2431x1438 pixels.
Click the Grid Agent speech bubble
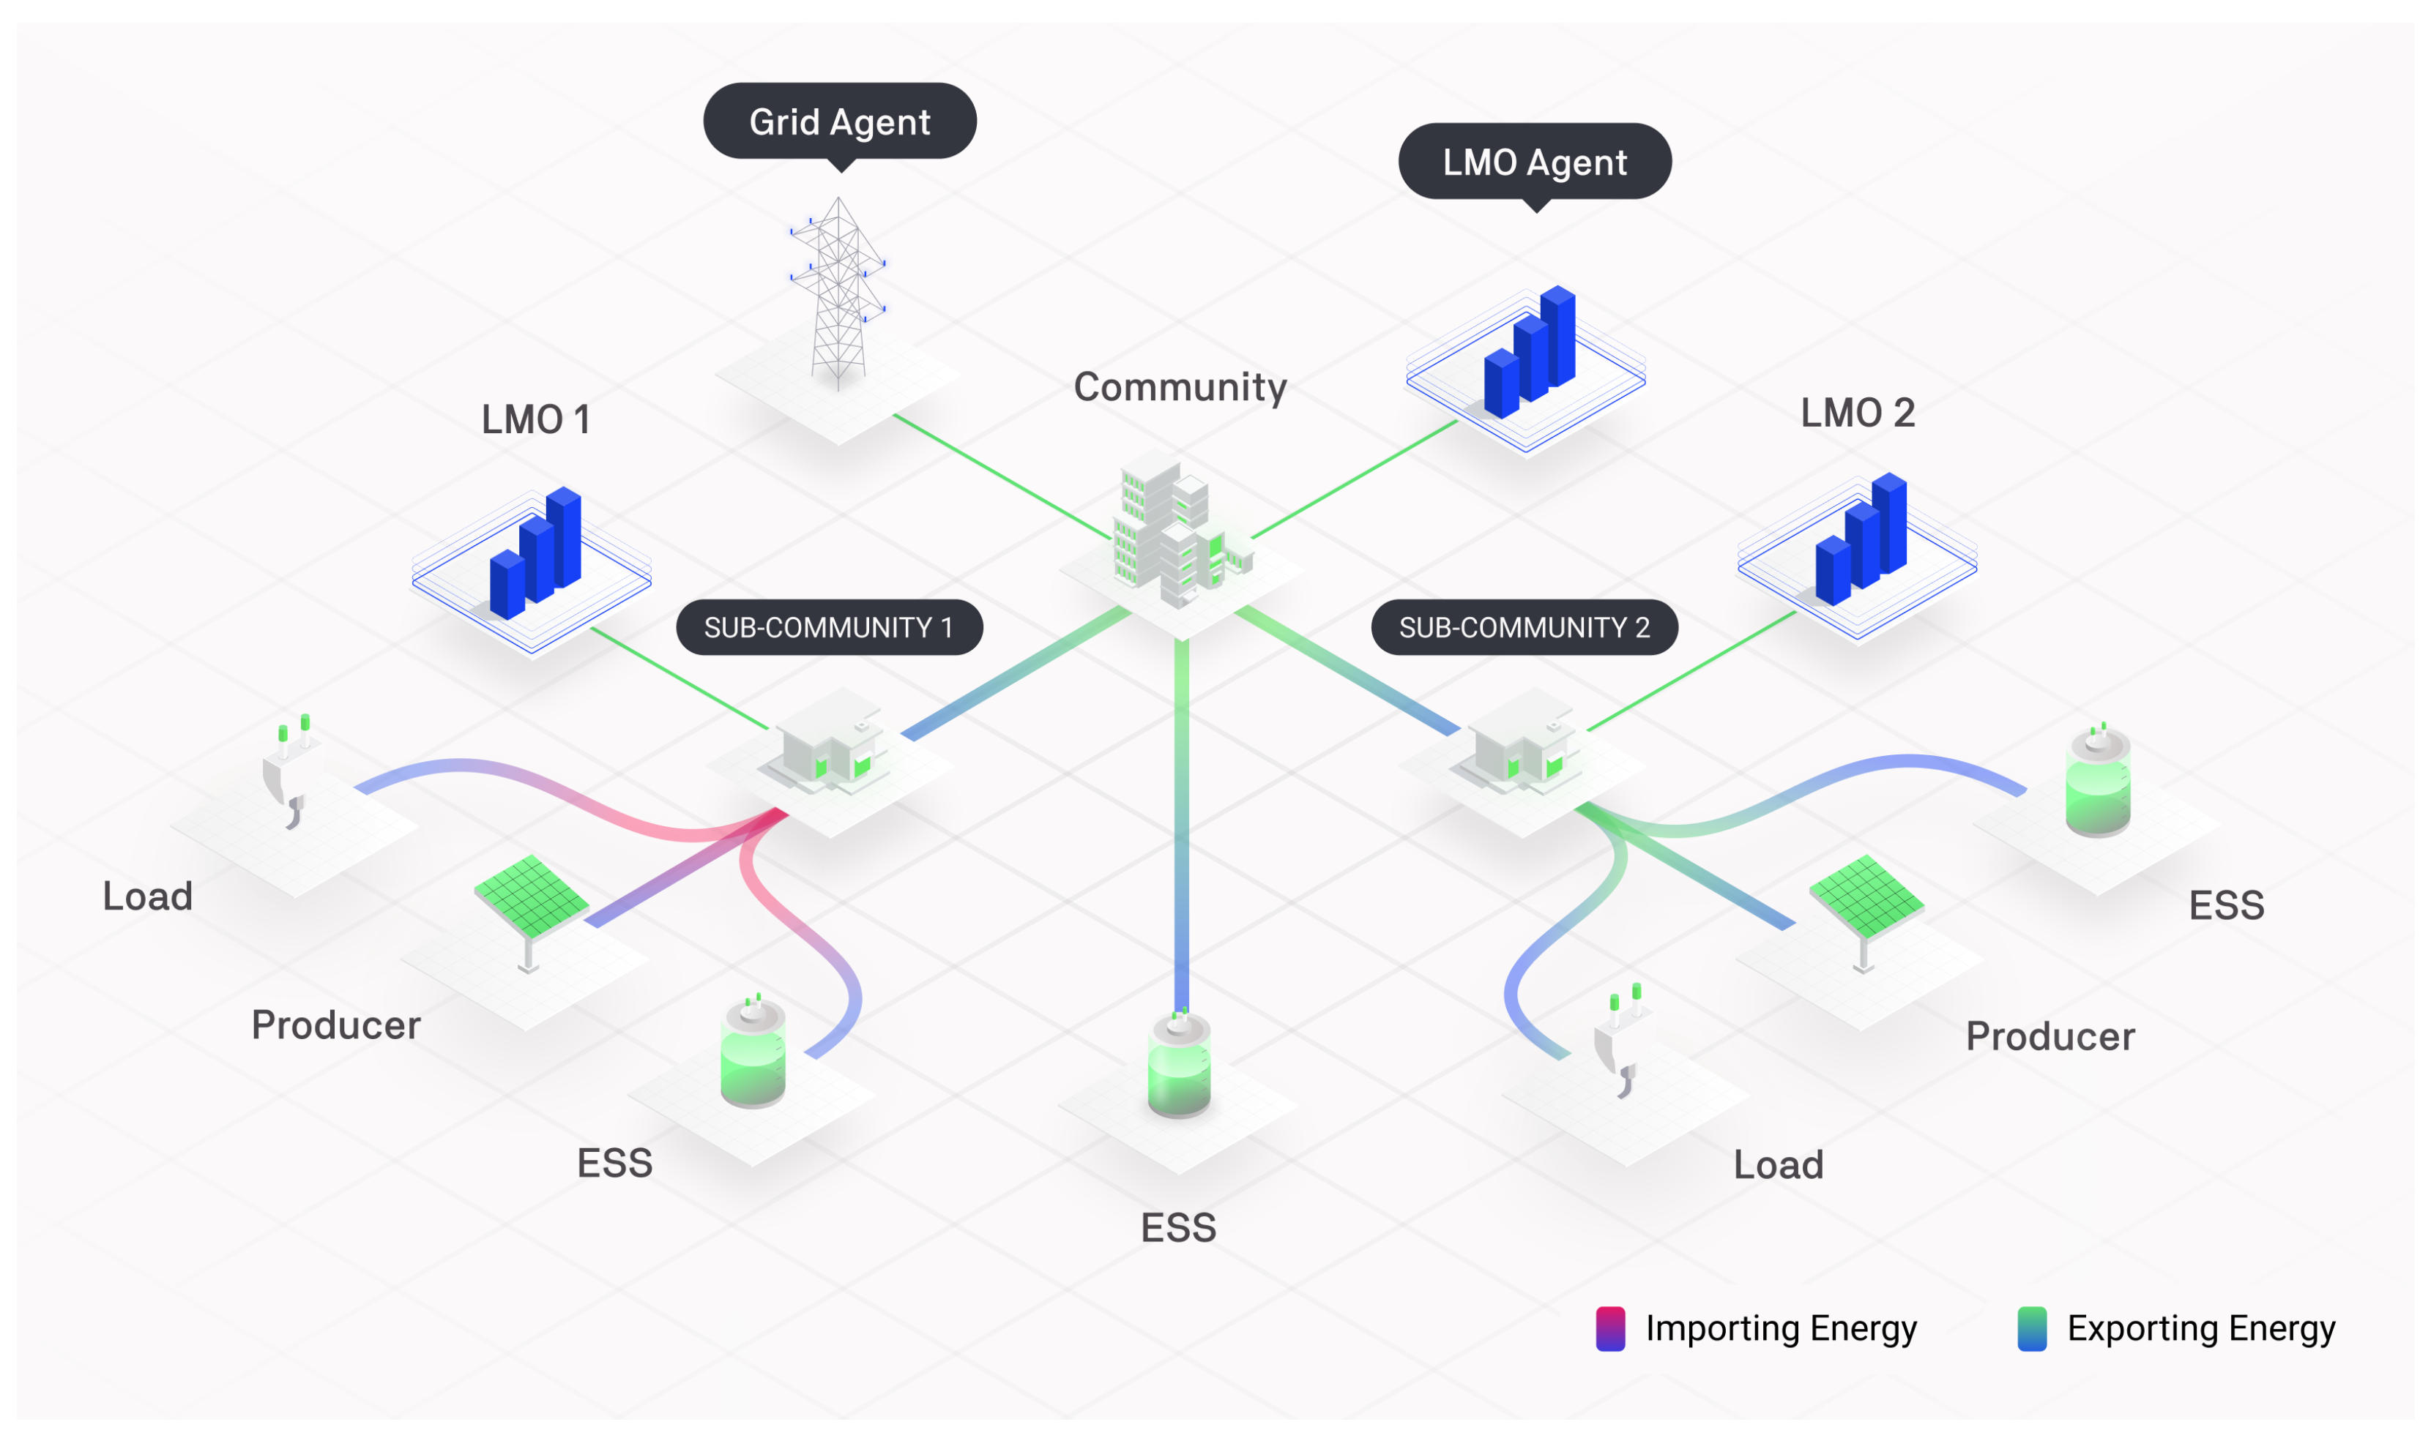click(x=839, y=121)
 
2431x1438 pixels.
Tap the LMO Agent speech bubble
click(x=1535, y=161)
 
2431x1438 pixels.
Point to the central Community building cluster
click(x=1177, y=533)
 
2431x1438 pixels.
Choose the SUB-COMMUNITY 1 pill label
click(x=829, y=627)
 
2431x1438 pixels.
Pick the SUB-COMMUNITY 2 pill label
click(x=1524, y=627)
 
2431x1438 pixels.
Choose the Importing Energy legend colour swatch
click(x=1610, y=1327)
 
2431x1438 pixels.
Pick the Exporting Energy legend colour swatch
click(x=2032, y=1327)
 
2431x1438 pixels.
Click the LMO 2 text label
click(x=1857, y=413)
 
